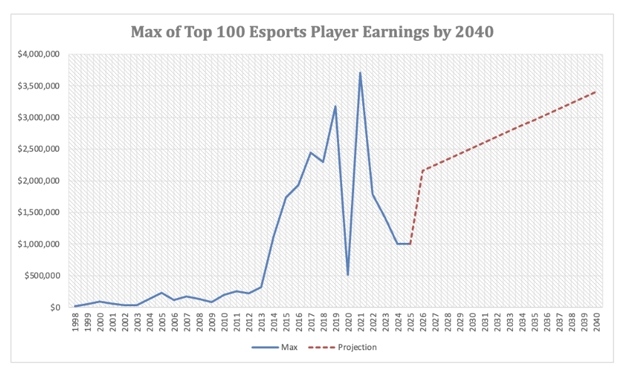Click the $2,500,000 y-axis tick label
pyautogui.click(x=36, y=149)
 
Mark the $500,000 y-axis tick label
pyautogui.click(x=40, y=275)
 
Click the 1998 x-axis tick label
pyautogui.click(x=75, y=322)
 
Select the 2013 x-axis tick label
pyautogui.click(x=261, y=322)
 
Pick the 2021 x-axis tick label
pyautogui.click(x=360, y=322)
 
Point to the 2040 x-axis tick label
pyautogui.click(x=595, y=322)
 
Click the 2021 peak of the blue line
pyautogui.click(x=360, y=72)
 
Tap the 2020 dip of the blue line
pyautogui.click(x=348, y=275)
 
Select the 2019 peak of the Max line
pyautogui.click(x=335, y=106)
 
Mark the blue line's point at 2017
pyautogui.click(x=310, y=152)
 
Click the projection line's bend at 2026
pyautogui.click(x=422, y=170)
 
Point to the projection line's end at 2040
pyautogui.click(x=595, y=92)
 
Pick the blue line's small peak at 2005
pyautogui.click(x=161, y=293)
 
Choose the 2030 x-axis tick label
pyautogui.click(x=471, y=322)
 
